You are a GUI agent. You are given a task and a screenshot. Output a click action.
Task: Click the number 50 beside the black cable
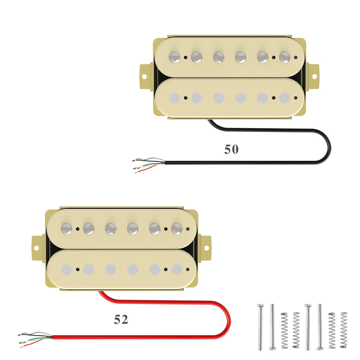(231, 149)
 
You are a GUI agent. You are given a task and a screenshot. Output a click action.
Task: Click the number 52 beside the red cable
(121, 320)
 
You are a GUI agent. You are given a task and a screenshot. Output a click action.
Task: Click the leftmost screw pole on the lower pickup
(66, 229)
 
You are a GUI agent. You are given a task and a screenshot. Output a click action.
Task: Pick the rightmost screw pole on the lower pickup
(176, 229)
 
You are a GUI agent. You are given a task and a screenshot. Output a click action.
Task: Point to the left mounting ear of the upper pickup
(145, 76)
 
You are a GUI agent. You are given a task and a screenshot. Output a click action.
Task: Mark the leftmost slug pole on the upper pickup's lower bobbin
(174, 98)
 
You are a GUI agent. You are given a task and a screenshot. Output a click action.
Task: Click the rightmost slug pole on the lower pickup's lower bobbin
(176, 270)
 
